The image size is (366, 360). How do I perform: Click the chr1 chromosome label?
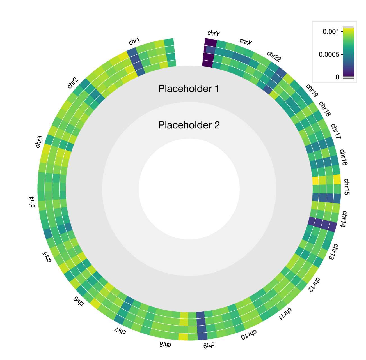[134, 41]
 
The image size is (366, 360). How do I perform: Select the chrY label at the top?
[213, 34]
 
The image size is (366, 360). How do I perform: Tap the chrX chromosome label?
[246, 42]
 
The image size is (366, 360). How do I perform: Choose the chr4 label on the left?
[32, 202]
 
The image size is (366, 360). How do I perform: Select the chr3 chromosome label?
[39, 142]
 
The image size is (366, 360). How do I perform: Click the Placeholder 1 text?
[189, 89]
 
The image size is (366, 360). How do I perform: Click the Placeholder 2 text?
[189, 125]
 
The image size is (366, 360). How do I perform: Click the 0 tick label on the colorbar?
[337, 77]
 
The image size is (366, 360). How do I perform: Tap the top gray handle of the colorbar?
[348, 27]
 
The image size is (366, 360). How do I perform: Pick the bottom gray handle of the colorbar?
[348, 77]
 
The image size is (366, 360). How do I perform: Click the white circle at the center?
[189, 189]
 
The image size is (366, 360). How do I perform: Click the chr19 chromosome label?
[312, 91]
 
